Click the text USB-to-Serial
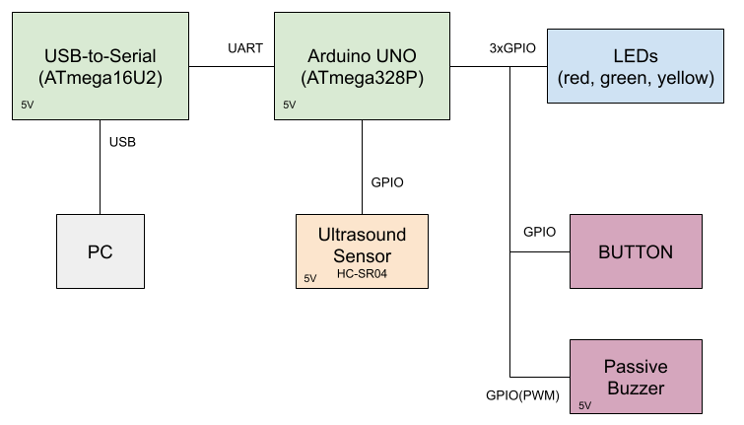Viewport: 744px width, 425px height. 101,54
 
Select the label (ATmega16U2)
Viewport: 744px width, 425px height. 101,76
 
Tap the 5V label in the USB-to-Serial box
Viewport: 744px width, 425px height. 26,105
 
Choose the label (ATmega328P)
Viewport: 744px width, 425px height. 363,76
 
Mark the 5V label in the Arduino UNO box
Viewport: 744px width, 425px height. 289,105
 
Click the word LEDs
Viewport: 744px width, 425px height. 635,55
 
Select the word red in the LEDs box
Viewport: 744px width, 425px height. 580,77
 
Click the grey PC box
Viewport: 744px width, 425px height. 100,252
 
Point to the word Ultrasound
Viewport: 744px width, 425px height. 362,236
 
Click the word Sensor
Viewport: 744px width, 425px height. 362,256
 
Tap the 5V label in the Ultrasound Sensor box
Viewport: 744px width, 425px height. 309,279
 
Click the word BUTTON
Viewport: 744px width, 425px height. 636,252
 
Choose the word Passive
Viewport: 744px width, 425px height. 636,367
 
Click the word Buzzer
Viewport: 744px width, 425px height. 636,388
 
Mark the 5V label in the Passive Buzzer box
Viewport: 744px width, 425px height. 584,405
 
